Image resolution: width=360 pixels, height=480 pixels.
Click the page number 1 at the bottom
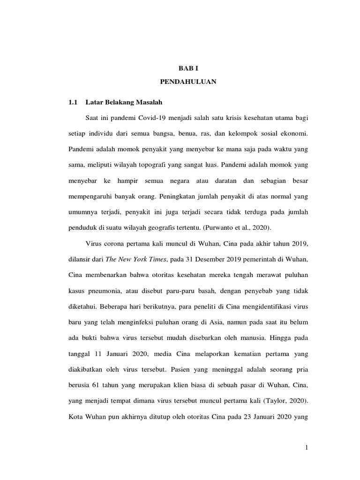click(306, 448)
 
